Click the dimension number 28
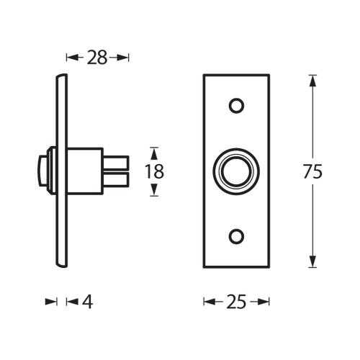[96, 58]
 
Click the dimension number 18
[154, 171]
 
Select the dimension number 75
[312, 171]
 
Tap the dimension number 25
[235, 302]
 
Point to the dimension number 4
[87, 302]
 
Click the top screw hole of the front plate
[235, 106]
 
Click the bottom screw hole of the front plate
[235, 236]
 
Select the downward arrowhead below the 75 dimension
[312, 264]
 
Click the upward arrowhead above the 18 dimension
[153, 151]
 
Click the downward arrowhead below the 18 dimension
[153, 192]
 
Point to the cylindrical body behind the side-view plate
[85, 171]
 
